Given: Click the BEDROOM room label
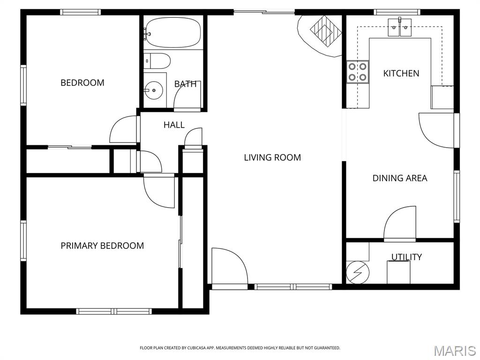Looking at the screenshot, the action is [x=82, y=82].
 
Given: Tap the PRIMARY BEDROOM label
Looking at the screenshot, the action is [x=102, y=246].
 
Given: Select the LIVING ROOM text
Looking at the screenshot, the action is [x=272, y=157].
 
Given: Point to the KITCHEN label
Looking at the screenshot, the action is [x=401, y=74].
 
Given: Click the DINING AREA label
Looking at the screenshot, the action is [x=399, y=178].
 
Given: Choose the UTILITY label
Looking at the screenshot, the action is [x=406, y=257].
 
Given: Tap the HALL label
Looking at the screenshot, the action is [x=174, y=125].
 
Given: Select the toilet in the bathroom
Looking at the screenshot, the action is [x=157, y=61].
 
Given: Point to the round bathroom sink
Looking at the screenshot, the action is [x=154, y=90].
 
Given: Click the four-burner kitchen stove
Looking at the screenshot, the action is [x=358, y=72].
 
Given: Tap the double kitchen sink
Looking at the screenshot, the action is [x=399, y=28].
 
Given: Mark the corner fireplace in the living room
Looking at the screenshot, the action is [x=320, y=35].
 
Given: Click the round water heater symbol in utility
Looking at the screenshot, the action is [x=358, y=272].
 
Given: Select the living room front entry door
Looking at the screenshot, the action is [x=229, y=266].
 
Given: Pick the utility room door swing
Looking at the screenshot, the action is [x=400, y=223].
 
